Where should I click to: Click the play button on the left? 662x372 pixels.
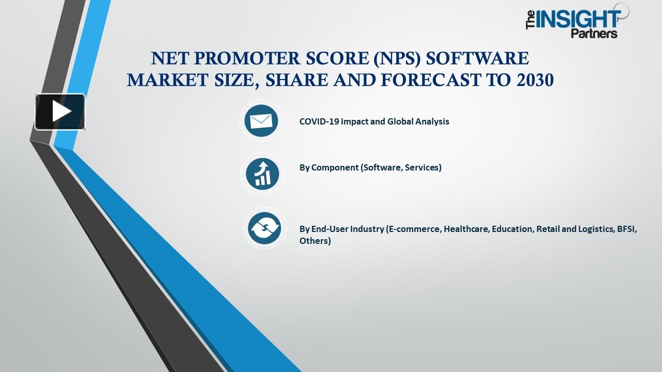click(x=60, y=112)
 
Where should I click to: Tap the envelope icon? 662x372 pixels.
click(x=261, y=121)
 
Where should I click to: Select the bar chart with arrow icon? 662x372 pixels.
click(x=263, y=174)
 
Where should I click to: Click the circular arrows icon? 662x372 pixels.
click(x=264, y=228)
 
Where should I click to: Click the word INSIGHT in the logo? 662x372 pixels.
click(x=578, y=20)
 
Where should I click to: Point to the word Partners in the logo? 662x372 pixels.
click(x=594, y=34)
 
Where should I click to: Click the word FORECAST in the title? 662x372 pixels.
click(x=419, y=80)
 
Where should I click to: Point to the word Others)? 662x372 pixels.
click(x=315, y=241)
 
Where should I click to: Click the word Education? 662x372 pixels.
click(x=512, y=229)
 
